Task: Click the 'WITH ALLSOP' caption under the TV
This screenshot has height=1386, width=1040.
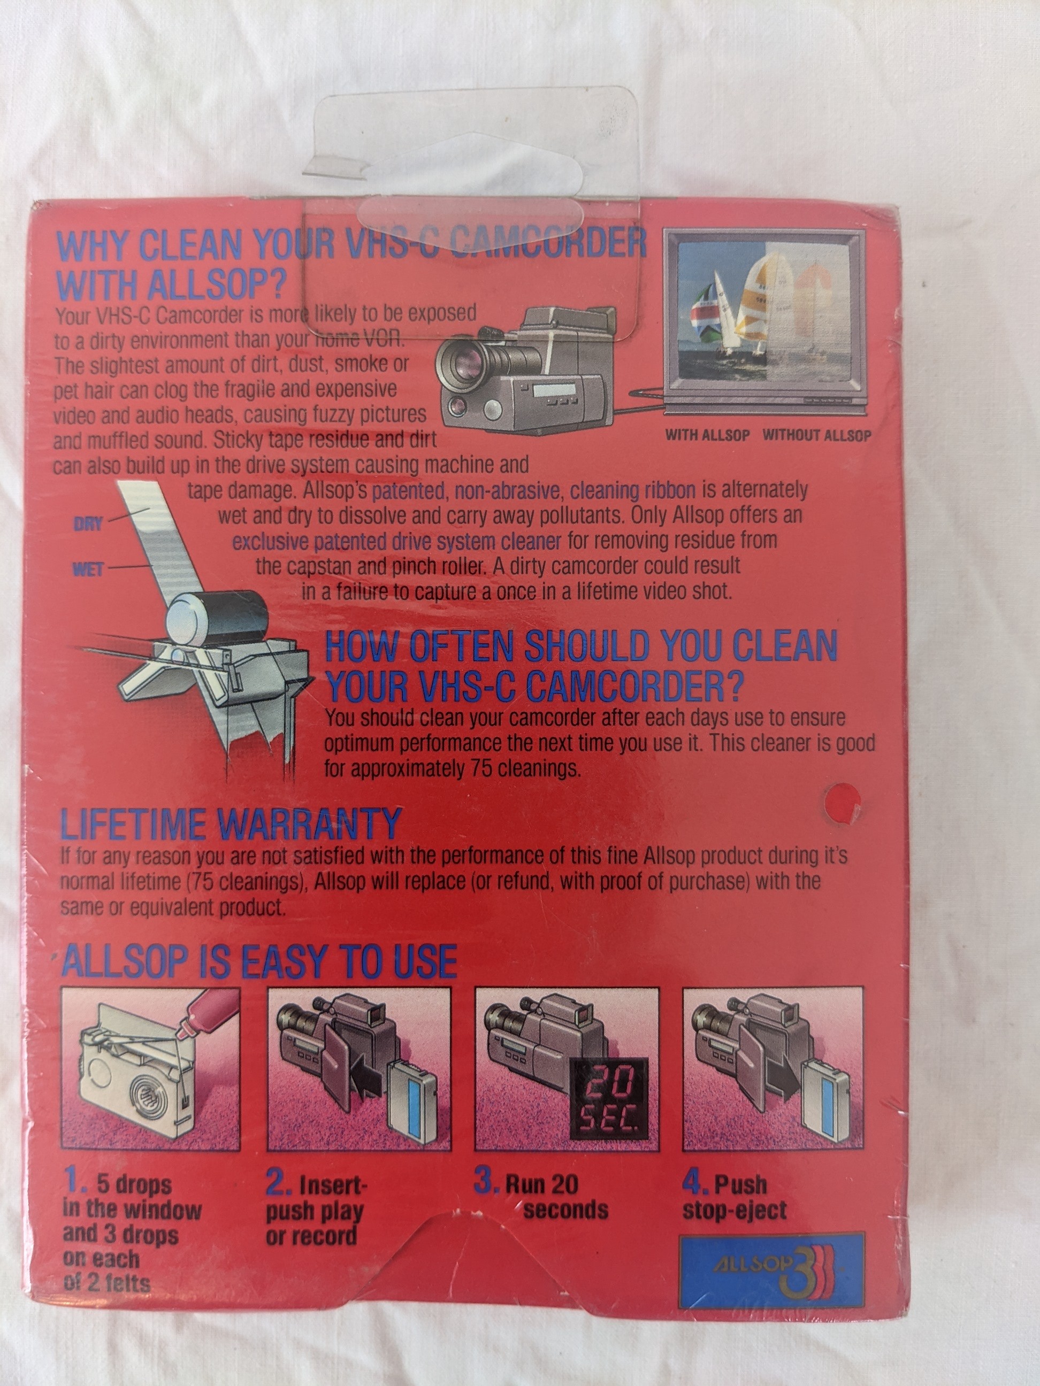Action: pos(707,435)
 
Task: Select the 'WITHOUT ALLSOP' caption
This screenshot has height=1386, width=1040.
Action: pos(817,435)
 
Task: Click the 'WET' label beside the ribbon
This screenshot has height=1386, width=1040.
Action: pos(88,569)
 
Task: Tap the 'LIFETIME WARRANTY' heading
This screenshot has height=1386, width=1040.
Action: pos(230,823)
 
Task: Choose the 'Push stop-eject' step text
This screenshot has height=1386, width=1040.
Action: pos(735,1197)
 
